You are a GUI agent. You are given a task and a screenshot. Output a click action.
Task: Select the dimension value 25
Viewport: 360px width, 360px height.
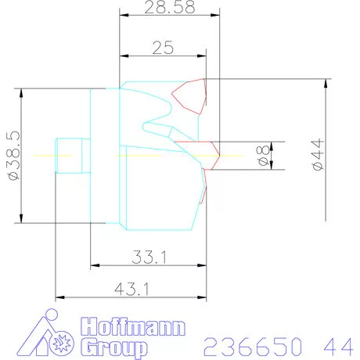163,48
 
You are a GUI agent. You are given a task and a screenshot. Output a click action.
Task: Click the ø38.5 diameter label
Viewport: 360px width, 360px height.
11,155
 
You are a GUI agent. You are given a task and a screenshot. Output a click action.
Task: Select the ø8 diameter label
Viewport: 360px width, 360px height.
265,155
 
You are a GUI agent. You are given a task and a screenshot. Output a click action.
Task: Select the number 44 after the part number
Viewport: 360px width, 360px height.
336,344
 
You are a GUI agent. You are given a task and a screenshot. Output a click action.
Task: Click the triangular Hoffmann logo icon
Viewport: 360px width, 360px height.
47,336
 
